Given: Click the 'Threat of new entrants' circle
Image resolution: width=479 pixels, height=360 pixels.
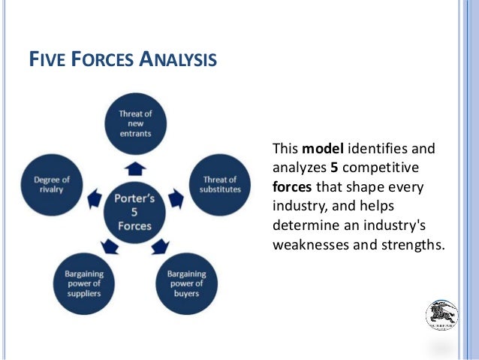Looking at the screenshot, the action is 135,123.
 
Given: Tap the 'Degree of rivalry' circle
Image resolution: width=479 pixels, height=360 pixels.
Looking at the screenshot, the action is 52,185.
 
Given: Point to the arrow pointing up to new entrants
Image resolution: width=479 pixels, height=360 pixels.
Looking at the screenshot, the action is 135,167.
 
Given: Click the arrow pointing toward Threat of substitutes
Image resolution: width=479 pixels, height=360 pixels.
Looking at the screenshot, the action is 175,199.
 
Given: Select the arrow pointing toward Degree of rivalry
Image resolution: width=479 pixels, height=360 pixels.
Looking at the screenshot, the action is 95,199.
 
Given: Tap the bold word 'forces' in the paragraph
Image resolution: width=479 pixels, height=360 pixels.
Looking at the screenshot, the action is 292,186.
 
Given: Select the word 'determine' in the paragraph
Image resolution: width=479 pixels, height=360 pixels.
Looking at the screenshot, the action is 302,225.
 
